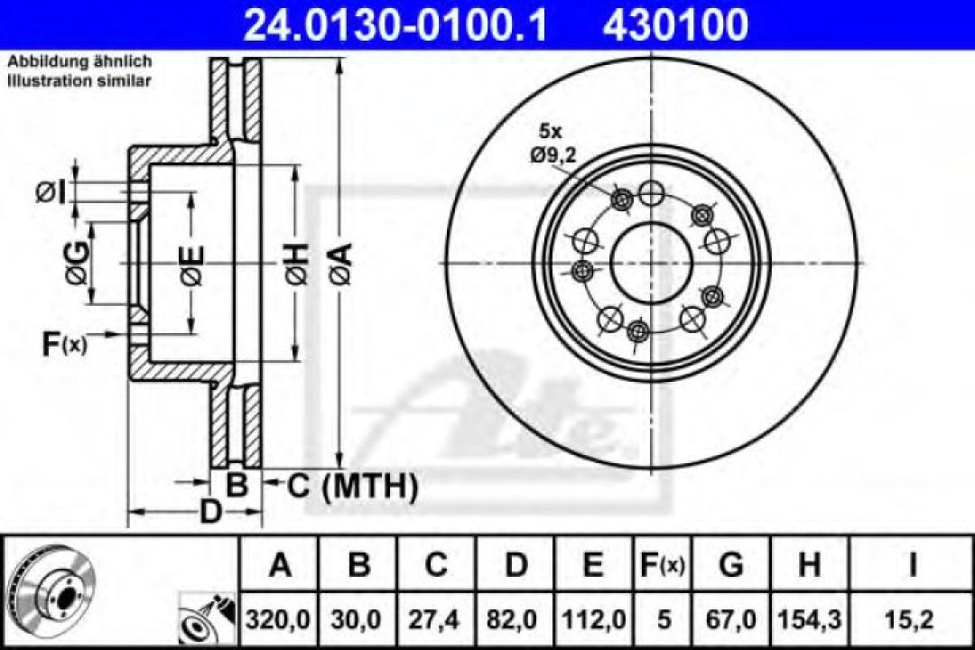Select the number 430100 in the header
pyautogui.click(x=675, y=24)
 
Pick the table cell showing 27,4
pyautogui.click(x=436, y=619)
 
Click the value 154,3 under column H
pyautogui.click(x=809, y=619)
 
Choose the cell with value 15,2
pyautogui.click(x=913, y=619)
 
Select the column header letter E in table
pyautogui.click(x=592, y=566)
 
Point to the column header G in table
pyautogui.click(x=731, y=566)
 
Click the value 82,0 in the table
pyautogui.click(x=515, y=619)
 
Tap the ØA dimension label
pyautogui.click(x=340, y=264)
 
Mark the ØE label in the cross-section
pyautogui.click(x=190, y=265)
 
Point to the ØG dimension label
pyautogui.click(x=78, y=265)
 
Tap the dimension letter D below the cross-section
pyautogui.click(x=209, y=512)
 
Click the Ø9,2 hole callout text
pyautogui.click(x=552, y=154)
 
